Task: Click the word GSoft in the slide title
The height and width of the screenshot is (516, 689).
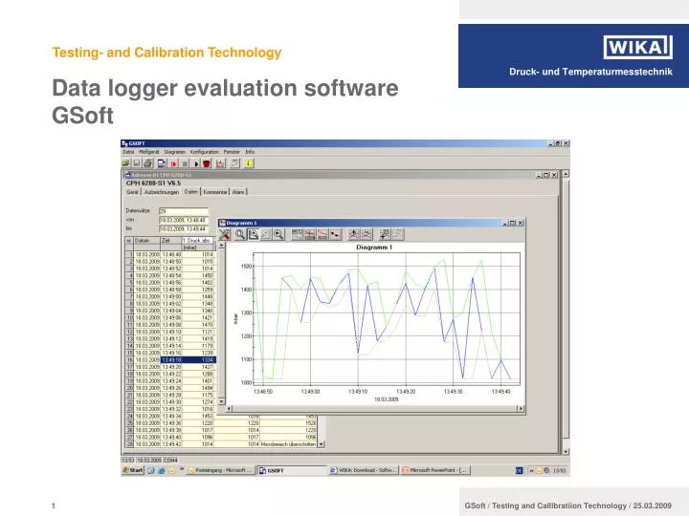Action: [82, 117]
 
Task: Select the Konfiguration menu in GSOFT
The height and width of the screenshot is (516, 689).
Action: [204, 152]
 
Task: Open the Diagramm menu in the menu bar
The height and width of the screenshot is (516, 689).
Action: [174, 152]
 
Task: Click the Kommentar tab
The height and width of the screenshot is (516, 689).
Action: [215, 191]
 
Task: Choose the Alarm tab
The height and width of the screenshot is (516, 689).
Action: [239, 191]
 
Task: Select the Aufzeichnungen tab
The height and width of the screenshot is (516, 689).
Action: [161, 191]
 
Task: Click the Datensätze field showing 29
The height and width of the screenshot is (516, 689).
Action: [177, 210]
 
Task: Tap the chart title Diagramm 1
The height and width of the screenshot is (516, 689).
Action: [374, 247]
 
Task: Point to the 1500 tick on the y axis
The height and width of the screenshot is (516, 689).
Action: [246, 267]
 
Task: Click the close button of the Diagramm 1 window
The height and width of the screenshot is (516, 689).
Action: [520, 223]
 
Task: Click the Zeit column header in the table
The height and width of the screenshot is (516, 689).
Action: [167, 241]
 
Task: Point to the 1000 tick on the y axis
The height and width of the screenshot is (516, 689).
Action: [246, 382]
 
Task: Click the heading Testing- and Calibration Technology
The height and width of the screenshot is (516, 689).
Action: [167, 53]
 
